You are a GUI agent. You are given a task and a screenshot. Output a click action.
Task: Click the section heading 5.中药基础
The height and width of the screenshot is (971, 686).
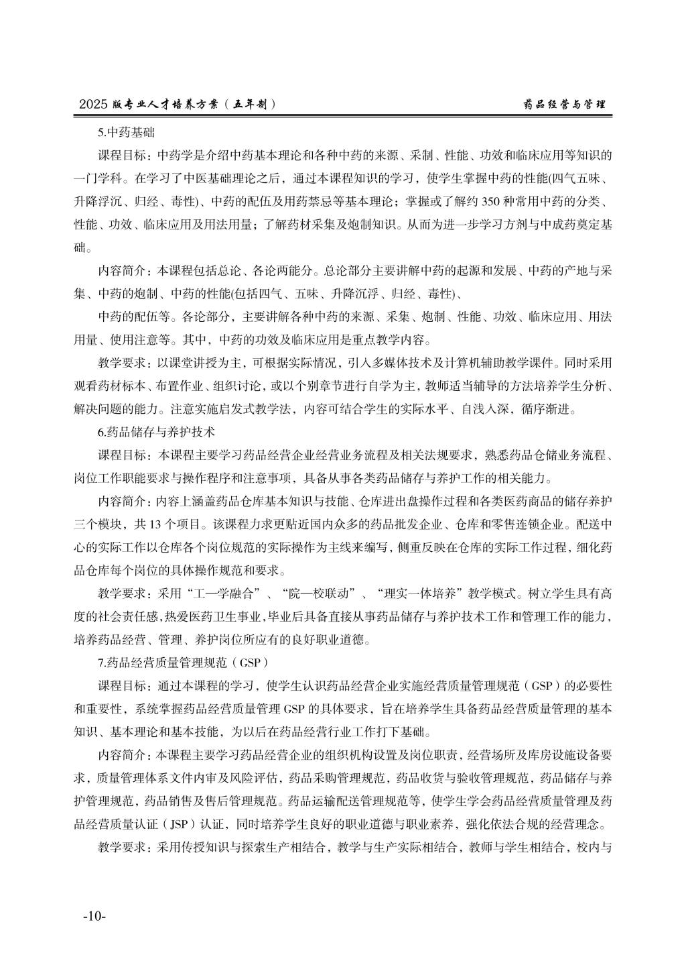coord(126,131)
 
